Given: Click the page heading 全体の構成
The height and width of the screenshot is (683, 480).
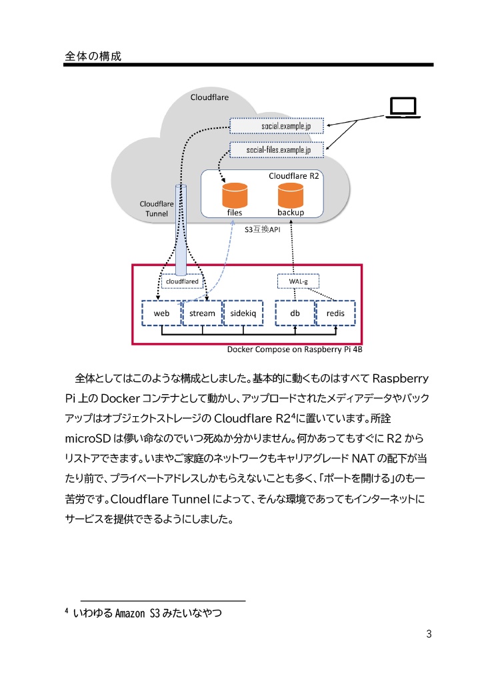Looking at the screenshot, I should tap(93, 56).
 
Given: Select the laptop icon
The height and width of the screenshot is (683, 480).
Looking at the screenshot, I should tap(403, 109).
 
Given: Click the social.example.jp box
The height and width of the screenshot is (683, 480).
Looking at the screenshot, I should tap(277, 125).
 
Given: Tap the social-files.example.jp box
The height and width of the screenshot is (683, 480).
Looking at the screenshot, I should tap(277, 150).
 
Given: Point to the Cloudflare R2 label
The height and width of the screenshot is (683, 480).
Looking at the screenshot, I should tap(294, 176).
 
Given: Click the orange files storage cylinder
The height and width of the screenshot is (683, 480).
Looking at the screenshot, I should tap(235, 195).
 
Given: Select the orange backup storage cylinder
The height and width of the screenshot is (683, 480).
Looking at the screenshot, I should tap(290, 195).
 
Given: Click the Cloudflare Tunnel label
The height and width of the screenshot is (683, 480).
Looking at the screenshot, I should tap(156, 208).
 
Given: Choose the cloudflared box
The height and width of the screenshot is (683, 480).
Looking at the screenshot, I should tap(180, 281).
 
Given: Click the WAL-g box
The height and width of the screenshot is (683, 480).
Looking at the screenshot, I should tap(297, 281).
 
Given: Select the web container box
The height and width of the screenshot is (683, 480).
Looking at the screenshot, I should tap(161, 313).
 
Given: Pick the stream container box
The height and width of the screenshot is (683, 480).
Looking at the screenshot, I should tap(202, 313).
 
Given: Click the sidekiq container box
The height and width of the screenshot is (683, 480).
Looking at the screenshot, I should tap(243, 313).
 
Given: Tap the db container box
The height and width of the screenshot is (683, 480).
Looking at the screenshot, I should tap(295, 313).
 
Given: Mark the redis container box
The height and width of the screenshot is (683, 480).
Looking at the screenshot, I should tap(335, 313).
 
